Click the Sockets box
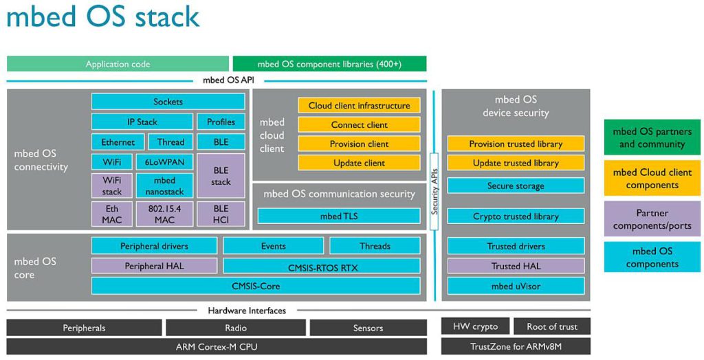(168, 102)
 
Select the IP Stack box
(142, 122)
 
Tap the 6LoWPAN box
(164, 162)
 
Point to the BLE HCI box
(221, 214)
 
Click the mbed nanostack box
(164, 186)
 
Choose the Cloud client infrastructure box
(359, 106)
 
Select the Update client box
(359, 163)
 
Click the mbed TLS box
(339, 216)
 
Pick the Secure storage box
(516, 186)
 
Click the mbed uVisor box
(516, 286)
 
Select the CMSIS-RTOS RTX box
(321, 267)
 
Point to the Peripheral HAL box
(154, 266)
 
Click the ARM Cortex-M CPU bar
(217, 347)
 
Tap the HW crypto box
(475, 326)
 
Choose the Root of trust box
(552, 326)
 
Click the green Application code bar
(118, 64)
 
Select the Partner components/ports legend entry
(652, 220)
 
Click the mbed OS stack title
(103, 16)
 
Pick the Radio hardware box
(236, 328)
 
